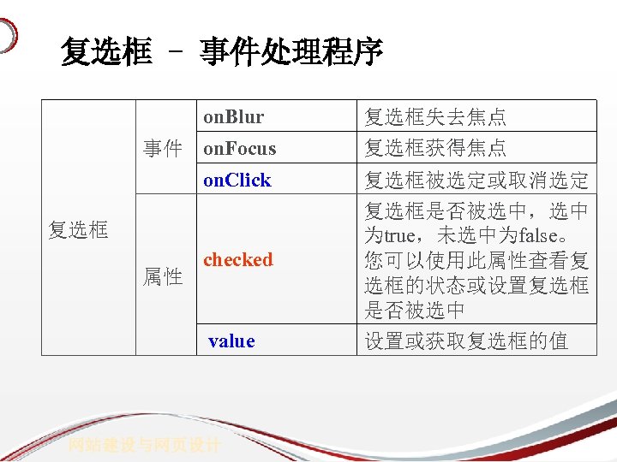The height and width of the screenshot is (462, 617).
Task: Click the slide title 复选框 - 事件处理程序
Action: (x=221, y=53)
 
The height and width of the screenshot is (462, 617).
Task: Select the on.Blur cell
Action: (x=233, y=116)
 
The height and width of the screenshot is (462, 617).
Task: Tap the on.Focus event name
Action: (x=239, y=148)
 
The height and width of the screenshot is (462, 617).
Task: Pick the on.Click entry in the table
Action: (x=237, y=180)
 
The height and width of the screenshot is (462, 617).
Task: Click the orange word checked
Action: (x=237, y=259)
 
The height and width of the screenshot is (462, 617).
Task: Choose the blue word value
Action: (x=231, y=341)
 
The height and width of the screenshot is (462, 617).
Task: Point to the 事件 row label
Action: (x=163, y=149)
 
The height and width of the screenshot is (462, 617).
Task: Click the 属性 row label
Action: (x=163, y=276)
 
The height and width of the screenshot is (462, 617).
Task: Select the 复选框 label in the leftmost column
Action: (x=78, y=229)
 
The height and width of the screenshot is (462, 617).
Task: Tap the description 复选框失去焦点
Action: (x=435, y=116)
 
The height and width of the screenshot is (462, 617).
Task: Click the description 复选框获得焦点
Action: (x=435, y=148)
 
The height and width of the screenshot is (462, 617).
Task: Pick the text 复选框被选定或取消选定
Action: (x=476, y=180)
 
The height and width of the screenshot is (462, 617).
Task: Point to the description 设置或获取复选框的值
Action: (x=466, y=341)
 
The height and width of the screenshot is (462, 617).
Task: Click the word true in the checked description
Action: (x=400, y=235)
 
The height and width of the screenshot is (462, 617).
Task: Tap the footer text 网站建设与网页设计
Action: (x=145, y=445)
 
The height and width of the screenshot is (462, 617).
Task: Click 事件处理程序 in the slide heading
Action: (x=291, y=53)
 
